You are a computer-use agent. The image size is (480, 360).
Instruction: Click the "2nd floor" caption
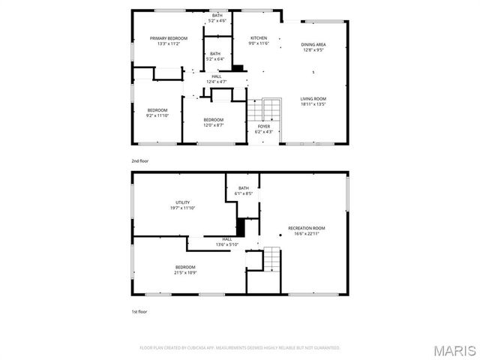[139, 161]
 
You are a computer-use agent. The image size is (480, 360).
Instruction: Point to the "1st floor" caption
[139, 311]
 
